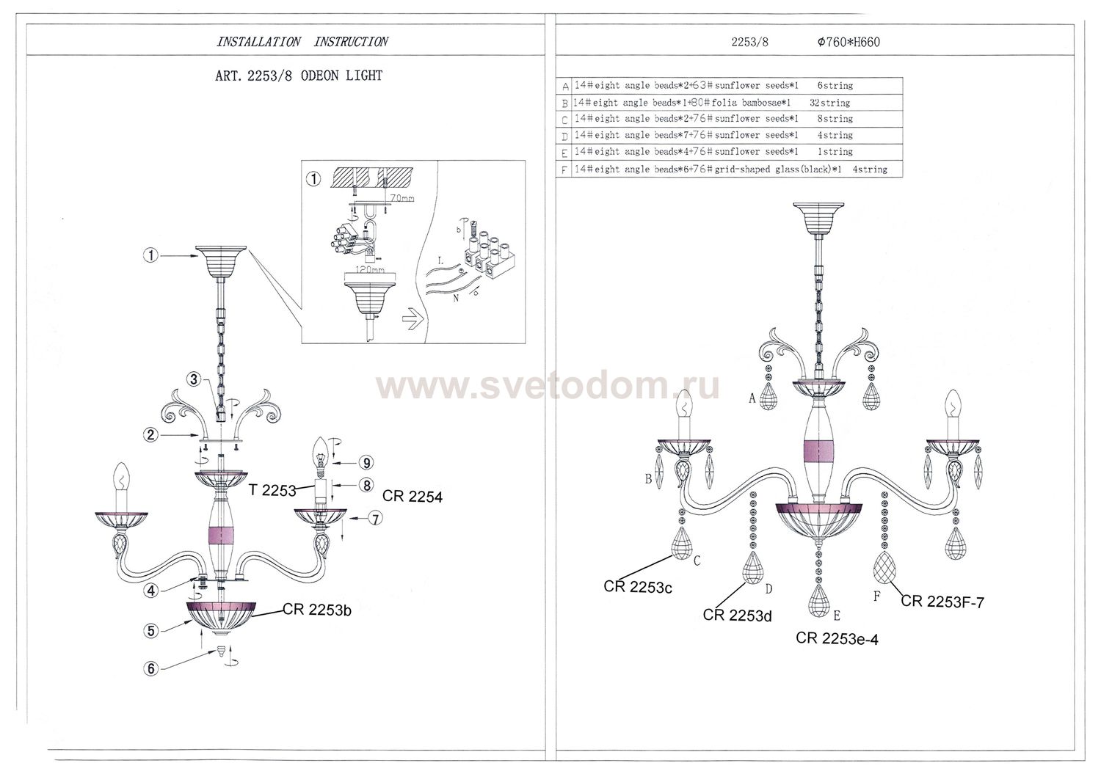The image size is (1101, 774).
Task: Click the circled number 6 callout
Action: point(151,668)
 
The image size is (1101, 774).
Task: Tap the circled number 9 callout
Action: point(366,463)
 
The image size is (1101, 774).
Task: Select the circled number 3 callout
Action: point(193,379)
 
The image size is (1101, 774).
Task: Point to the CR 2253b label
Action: point(317,610)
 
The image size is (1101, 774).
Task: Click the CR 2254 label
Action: point(412,497)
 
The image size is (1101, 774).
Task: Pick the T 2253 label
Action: point(272,490)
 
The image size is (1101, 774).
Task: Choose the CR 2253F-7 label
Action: point(942,602)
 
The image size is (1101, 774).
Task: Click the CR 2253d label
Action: point(737,616)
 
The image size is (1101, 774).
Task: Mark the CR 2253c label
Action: point(638,587)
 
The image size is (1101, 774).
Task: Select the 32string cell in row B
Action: point(829,103)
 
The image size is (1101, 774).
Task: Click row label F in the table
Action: point(564,170)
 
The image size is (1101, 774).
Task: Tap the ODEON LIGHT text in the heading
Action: point(341,76)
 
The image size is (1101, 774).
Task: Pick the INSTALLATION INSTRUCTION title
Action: point(302,42)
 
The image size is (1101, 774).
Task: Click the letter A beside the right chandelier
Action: point(752,399)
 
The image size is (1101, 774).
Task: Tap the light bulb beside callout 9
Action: point(320,451)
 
